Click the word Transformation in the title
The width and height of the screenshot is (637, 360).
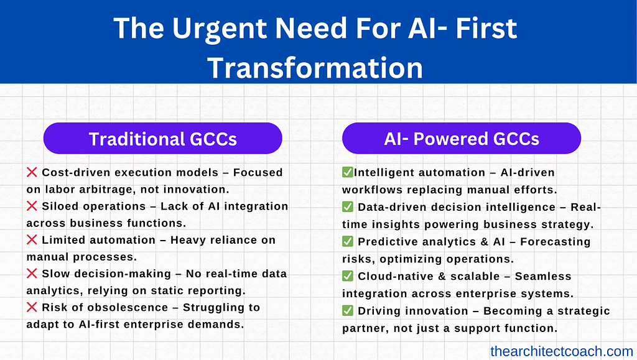tap(315, 67)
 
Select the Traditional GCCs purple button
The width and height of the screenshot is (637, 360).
tap(162, 139)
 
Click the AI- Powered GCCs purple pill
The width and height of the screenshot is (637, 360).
tap(462, 139)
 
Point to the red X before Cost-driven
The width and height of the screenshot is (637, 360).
tap(32, 172)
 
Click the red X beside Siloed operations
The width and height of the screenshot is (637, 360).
tap(32, 206)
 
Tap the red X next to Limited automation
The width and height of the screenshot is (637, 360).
tap(32, 239)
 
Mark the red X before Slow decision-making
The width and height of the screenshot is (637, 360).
tap(32, 273)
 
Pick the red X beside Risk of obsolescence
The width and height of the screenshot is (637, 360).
tap(32, 307)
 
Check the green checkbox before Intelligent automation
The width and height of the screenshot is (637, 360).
tap(347, 172)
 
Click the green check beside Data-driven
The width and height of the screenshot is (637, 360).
tap(347, 206)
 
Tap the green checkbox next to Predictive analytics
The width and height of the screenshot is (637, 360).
tap(347, 241)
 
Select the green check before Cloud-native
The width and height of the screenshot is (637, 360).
tap(347, 275)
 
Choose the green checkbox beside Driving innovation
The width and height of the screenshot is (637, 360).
tap(347, 310)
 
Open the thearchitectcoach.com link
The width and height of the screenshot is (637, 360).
tap(562, 351)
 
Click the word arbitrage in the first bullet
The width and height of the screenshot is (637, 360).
tap(107, 190)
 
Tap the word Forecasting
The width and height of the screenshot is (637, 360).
tap(556, 242)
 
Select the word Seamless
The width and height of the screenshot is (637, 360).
tap(543, 276)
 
